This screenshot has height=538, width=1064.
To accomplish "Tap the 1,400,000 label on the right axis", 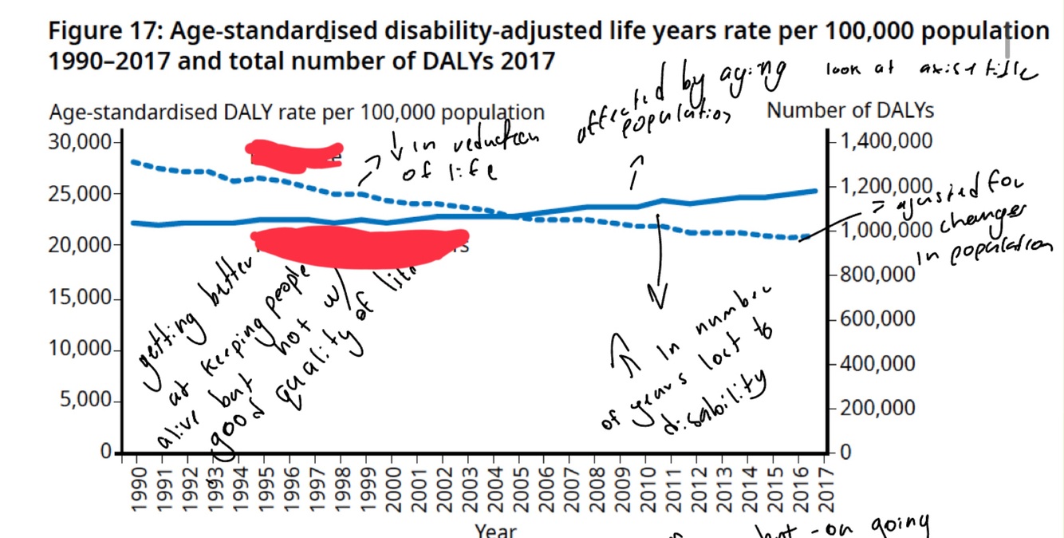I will [886, 142].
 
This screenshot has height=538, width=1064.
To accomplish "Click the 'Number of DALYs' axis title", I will [849, 110].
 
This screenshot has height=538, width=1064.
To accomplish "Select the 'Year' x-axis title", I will [495, 530].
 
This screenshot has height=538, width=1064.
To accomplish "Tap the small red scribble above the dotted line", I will [294, 156].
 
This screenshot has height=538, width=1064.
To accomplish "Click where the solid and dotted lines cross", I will [510, 216].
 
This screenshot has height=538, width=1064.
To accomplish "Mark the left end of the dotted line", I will [132, 161].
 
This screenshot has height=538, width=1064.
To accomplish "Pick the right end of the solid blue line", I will [816, 191].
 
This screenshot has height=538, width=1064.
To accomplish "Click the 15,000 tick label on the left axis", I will [83, 299].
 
